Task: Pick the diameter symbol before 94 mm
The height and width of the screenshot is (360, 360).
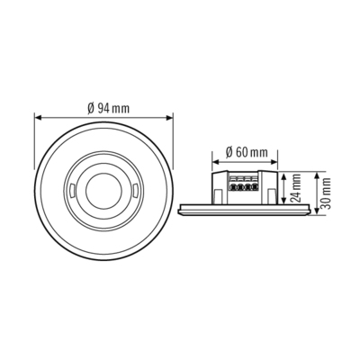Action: [x=92, y=108]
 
